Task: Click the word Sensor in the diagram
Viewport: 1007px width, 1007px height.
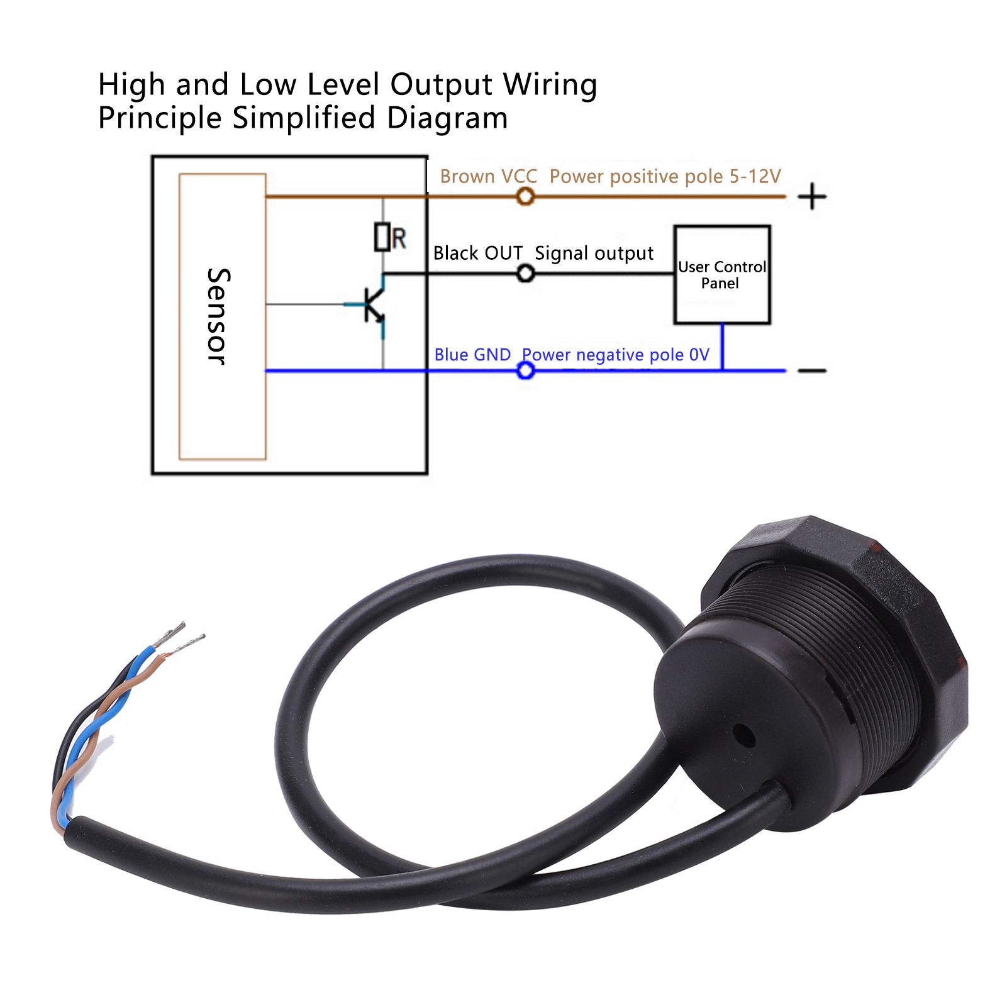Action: [x=218, y=316]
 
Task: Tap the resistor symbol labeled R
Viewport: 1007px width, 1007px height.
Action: [x=382, y=237]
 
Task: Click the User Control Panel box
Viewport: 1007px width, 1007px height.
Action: [x=722, y=275]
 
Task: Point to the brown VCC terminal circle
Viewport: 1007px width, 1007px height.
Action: [x=525, y=197]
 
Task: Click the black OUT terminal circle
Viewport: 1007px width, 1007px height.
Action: [x=526, y=274]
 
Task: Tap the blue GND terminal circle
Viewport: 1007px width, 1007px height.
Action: [x=526, y=370]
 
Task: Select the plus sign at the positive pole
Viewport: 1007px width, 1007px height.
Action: [x=812, y=196]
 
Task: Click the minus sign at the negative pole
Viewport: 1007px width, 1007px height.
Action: [x=812, y=370]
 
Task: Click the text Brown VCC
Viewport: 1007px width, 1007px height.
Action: [x=489, y=177]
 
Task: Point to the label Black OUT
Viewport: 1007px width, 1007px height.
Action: [x=478, y=253]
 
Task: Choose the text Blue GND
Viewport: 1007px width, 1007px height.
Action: [x=472, y=355]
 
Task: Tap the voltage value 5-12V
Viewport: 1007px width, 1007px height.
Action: [x=755, y=177]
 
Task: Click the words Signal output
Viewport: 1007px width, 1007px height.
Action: [x=594, y=253]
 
